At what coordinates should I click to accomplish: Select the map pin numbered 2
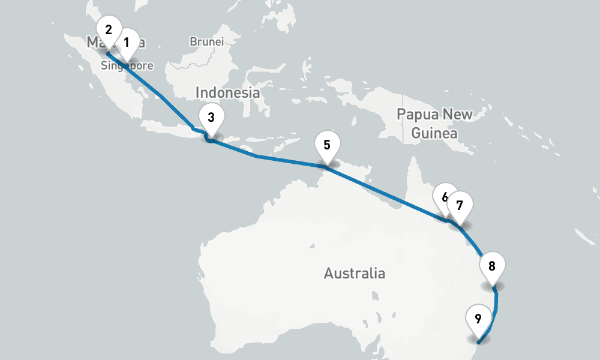[x=109, y=30]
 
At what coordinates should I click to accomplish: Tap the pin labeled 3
[x=211, y=118]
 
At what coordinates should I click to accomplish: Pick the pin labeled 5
[x=327, y=145]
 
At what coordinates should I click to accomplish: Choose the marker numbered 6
[x=444, y=197]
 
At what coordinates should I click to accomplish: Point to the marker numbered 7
[x=460, y=205]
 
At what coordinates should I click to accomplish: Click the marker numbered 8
[x=492, y=266]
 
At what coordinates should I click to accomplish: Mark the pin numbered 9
[x=478, y=319]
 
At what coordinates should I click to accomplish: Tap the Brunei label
[x=206, y=42]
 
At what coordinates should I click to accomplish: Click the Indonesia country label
[x=227, y=93]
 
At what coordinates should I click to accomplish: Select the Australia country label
[x=355, y=274]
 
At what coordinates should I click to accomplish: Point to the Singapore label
[x=127, y=66]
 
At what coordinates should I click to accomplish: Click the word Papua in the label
[x=418, y=115]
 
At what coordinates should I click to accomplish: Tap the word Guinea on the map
[x=434, y=133]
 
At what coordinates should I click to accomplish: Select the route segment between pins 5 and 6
[x=384, y=193]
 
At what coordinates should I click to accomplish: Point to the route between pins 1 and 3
[x=162, y=96]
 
